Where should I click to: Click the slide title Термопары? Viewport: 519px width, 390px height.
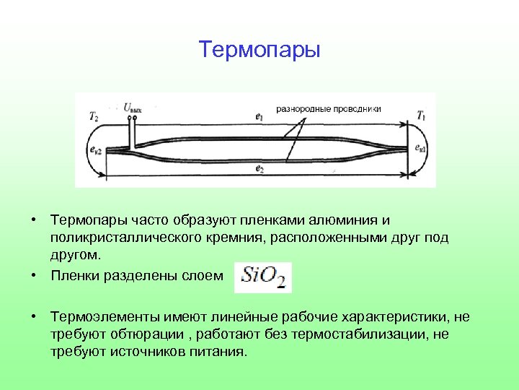259,50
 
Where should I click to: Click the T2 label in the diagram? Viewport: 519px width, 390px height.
94,115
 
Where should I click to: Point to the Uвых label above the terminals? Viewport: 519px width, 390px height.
132,108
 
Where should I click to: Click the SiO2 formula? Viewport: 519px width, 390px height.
264,276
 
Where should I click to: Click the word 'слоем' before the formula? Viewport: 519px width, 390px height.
207,275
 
